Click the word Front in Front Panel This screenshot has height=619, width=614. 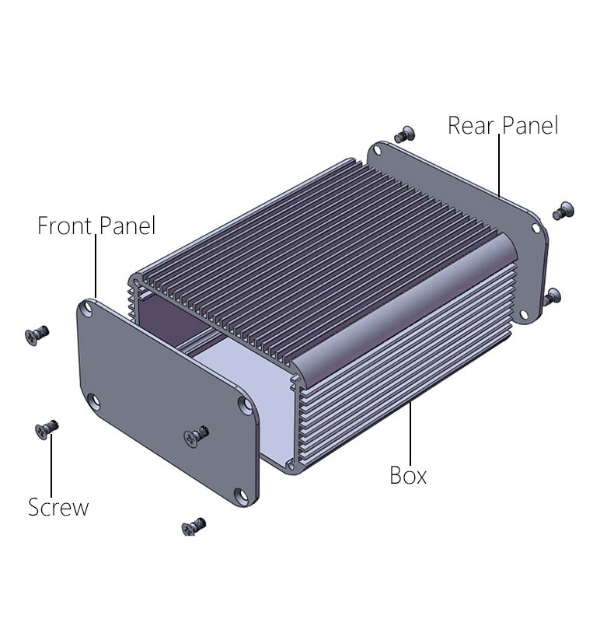(x=65, y=226)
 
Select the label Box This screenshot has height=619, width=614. (x=408, y=475)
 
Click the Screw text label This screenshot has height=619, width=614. (x=58, y=507)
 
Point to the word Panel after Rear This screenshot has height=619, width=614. (x=530, y=125)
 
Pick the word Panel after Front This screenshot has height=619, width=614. (x=127, y=226)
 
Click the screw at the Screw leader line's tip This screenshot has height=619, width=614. (x=47, y=429)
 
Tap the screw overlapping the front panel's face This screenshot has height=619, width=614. (x=196, y=436)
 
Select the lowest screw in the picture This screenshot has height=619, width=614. (x=194, y=526)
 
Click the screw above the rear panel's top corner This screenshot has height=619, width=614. (x=405, y=135)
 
